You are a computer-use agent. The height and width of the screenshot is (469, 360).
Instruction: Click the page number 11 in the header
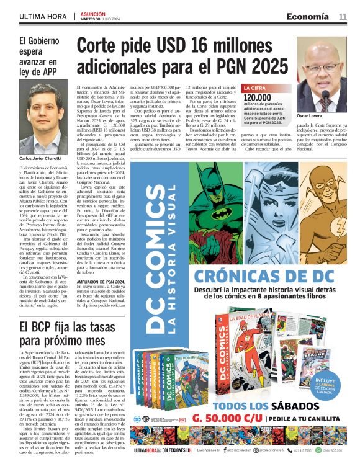coord(343,16)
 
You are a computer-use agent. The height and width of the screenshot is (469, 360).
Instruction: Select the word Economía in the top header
coord(308,16)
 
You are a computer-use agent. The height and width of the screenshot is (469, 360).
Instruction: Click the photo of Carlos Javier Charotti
coord(42,117)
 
